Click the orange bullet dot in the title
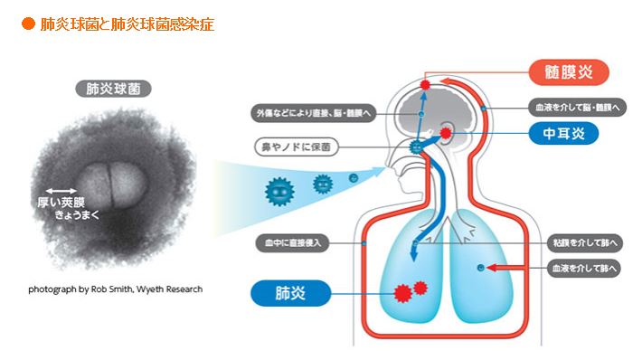[28, 24]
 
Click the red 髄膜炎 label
[569, 72]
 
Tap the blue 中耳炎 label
[563, 134]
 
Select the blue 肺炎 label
[290, 293]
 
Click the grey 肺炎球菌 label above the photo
[113, 89]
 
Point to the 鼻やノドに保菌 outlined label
[297, 147]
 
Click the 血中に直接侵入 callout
[292, 243]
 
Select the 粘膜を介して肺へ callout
[585, 243]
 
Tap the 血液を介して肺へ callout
[584, 269]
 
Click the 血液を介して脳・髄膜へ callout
[577, 108]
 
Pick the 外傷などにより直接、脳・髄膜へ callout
[313, 113]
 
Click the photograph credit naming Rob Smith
[116, 289]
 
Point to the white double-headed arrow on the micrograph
[61, 191]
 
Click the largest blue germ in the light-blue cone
[279, 191]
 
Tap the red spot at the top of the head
[425, 85]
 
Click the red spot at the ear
[446, 133]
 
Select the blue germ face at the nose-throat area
[417, 147]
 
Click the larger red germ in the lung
[403, 293]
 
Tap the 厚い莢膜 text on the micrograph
[61, 203]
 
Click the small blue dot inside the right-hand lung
[481, 268]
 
